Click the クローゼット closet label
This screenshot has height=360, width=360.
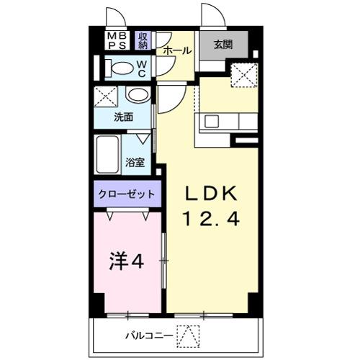coord(127,194)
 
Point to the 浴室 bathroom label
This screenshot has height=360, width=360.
coord(135,163)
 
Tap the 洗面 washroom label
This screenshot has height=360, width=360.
coord(122,116)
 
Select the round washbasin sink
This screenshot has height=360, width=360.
coord(136,96)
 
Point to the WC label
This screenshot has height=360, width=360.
coord(141,69)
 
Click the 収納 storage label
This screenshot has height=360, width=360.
coord(143,40)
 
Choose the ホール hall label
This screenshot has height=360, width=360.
coord(177,50)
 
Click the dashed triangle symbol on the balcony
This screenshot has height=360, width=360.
coord(187,335)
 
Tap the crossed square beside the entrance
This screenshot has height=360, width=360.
coord(243,74)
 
